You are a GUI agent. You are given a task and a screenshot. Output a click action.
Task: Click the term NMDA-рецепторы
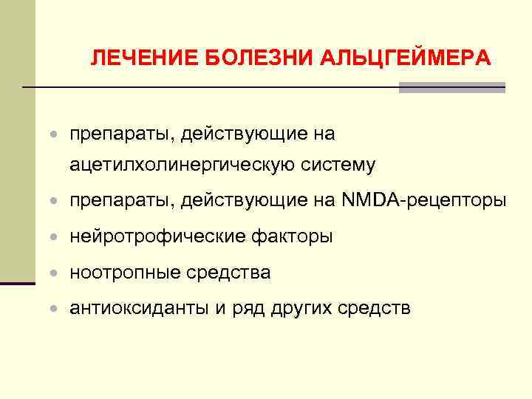[425, 200]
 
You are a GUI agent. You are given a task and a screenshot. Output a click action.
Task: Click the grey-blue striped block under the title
[452, 87]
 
